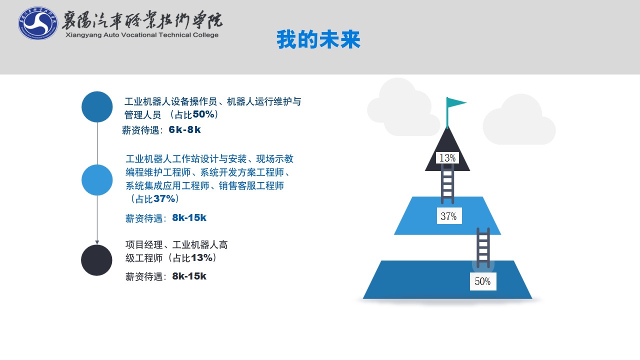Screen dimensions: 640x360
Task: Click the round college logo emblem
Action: tap(37, 23)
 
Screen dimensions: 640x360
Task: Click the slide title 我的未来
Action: tap(318, 39)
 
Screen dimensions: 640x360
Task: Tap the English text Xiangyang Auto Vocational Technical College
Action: tap(142, 35)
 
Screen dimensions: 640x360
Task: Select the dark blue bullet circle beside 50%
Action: tap(97, 107)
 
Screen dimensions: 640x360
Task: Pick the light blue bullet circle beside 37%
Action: tap(97, 180)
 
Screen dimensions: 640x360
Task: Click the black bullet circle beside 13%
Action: tap(96, 260)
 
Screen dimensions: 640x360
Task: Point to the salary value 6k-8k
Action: tap(185, 129)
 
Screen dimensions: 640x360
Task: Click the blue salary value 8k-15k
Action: tap(189, 217)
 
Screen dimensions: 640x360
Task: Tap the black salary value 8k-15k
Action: tap(189, 276)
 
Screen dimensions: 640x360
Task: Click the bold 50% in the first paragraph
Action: tap(203, 114)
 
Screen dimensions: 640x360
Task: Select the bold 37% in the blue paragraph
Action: tap(164, 198)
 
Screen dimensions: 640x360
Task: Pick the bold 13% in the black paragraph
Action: tap(201, 258)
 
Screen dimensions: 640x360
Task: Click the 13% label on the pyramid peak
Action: tap(447, 157)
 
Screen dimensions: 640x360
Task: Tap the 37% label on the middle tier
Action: tap(449, 215)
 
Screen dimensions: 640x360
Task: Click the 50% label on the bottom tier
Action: tap(483, 281)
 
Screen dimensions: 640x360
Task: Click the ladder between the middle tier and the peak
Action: tap(447, 184)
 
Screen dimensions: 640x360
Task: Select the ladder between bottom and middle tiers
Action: tap(483, 247)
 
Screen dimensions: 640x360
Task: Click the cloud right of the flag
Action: tap(519, 119)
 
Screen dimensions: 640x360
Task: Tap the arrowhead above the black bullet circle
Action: tap(97, 242)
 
